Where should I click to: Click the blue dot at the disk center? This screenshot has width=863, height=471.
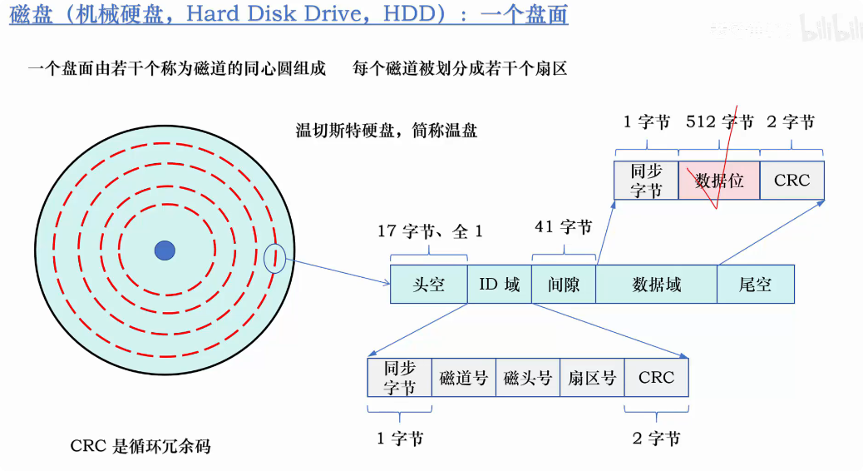(x=165, y=249)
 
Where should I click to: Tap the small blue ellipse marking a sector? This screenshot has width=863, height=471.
(x=274, y=260)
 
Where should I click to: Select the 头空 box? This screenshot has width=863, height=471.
(x=429, y=284)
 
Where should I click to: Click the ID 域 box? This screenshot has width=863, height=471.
(x=500, y=284)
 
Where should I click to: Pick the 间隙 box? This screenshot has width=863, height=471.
(x=564, y=284)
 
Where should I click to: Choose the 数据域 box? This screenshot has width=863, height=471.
(x=657, y=284)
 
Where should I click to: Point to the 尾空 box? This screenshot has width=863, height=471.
(x=755, y=284)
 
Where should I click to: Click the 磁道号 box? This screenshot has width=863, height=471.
(x=464, y=378)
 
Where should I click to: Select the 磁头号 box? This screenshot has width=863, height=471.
(x=528, y=378)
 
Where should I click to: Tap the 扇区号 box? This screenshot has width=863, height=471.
(x=592, y=378)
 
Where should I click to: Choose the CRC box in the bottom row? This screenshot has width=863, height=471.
(x=656, y=378)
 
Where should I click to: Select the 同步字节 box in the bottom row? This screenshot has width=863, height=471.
(x=400, y=378)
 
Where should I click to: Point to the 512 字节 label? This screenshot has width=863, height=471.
(x=719, y=122)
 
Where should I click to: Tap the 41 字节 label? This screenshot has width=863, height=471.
(x=563, y=226)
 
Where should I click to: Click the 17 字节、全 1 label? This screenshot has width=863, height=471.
(x=430, y=231)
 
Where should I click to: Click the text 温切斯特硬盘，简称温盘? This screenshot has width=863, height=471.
(x=387, y=131)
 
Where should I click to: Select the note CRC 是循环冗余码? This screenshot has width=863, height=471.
(x=141, y=446)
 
